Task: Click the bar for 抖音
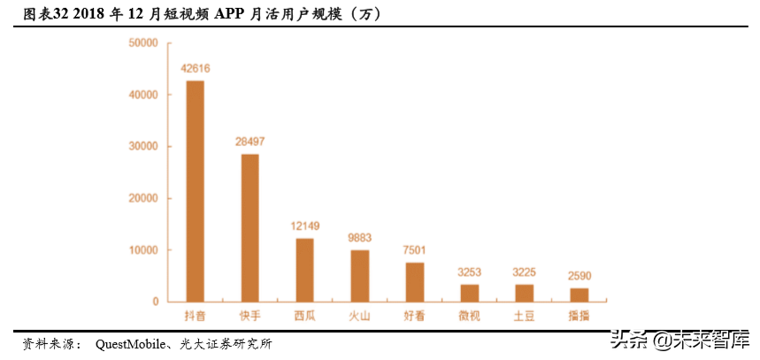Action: coord(196,191)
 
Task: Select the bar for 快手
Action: coord(250,227)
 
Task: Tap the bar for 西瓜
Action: coord(304,270)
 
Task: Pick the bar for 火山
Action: coord(360,276)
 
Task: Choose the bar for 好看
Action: coord(415,282)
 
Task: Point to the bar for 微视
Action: coord(469,293)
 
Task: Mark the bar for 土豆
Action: coord(525,293)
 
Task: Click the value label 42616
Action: coord(196,68)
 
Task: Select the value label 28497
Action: coord(250,142)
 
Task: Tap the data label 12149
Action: coord(304,226)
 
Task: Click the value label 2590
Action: coord(579,275)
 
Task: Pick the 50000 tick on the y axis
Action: coord(142,42)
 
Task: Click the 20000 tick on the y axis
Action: coord(142,198)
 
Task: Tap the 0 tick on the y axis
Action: coord(155,302)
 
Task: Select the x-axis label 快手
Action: coord(250,316)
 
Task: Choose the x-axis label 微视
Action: coord(469,316)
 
